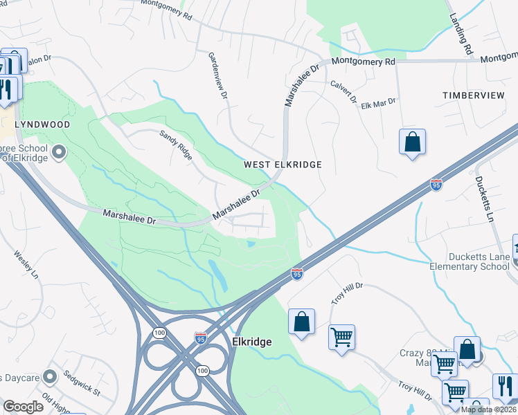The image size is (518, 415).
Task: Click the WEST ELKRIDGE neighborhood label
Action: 283,165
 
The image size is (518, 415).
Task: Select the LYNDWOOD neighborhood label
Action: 43,124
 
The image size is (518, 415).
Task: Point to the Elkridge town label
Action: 251,342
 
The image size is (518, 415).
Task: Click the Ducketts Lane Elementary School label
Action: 470,261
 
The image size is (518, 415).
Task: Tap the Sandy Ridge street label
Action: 176,145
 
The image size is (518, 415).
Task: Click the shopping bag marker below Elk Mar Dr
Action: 412,142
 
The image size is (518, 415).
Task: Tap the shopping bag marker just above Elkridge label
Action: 301,322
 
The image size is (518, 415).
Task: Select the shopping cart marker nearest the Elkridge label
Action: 341,338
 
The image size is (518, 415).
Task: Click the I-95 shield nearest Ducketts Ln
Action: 436,184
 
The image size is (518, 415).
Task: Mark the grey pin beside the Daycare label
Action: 49,377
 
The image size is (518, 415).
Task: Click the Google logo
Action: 24,407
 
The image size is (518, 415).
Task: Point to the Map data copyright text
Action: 488,409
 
